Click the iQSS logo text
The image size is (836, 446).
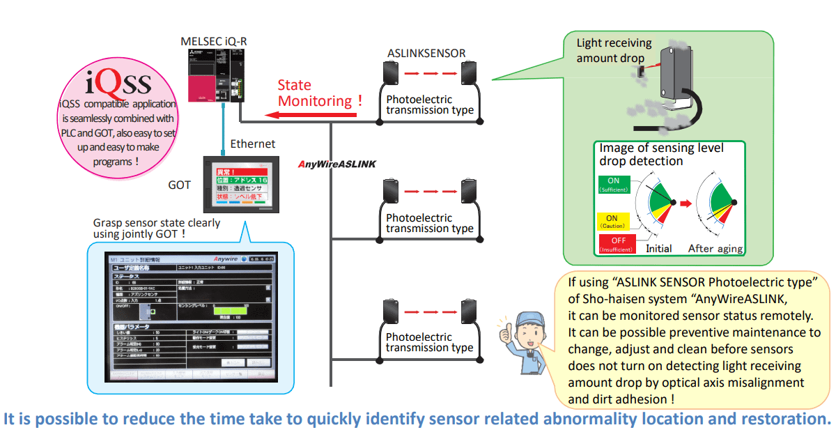pyautogui.click(x=118, y=83)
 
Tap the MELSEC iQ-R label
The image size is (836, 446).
pyautogui.click(x=213, y=43)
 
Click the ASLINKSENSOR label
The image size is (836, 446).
pyautogui.click(x=426, y=53)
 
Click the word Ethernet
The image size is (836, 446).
pyautogui.click(x=252, y=144)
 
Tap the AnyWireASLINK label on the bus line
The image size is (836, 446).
pyautogui.click(x=336, y=164)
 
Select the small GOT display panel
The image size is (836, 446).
pyautogui.click(x=235, y=184)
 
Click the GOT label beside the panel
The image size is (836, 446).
pyautogui.click(x=179, y=185)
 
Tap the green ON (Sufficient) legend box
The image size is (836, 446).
pyautogui.click(x=613, y=184)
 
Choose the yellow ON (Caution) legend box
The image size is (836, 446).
pyautogui.click(x=613, y=221)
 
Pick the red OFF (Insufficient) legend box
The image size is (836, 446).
pyautogui.click(x=613, y=245)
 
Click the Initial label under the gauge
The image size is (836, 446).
pyautogui.click(x=658, y=249)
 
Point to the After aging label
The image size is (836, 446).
pyautogui.click(x=715, y=249)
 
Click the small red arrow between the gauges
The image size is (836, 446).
pyautogui.click(x=685, y=204)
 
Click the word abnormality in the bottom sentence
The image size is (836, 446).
pyautogui.click(x=592, y=420)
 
